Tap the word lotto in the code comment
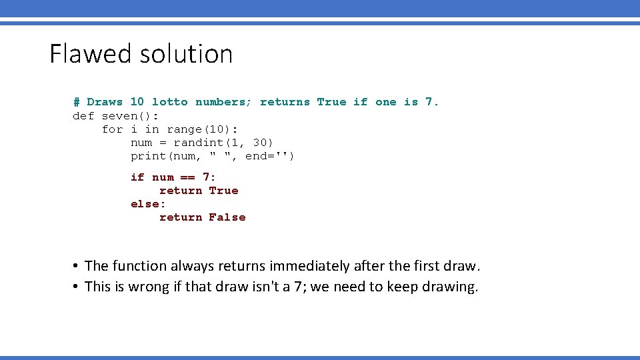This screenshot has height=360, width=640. point(170,102)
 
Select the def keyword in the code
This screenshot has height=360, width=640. point(83,116)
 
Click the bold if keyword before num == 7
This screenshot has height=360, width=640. point(137,177)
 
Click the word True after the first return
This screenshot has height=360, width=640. point(223,191)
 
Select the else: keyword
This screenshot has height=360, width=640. point(148,204)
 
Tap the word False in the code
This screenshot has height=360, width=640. point(227,217)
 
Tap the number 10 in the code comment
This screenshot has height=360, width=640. point(137,102)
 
